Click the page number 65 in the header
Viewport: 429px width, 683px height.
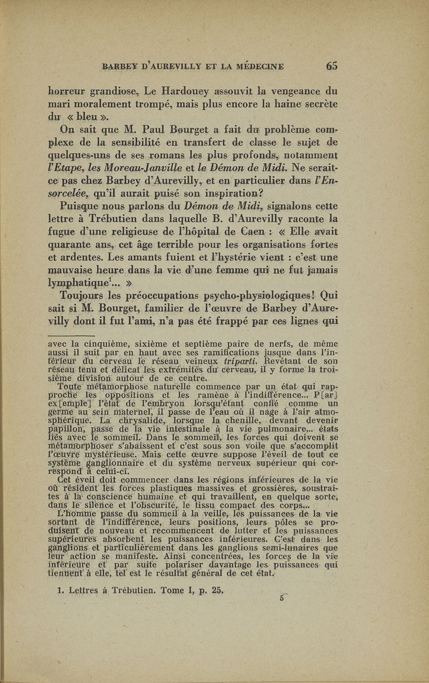(x=331, y=66)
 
